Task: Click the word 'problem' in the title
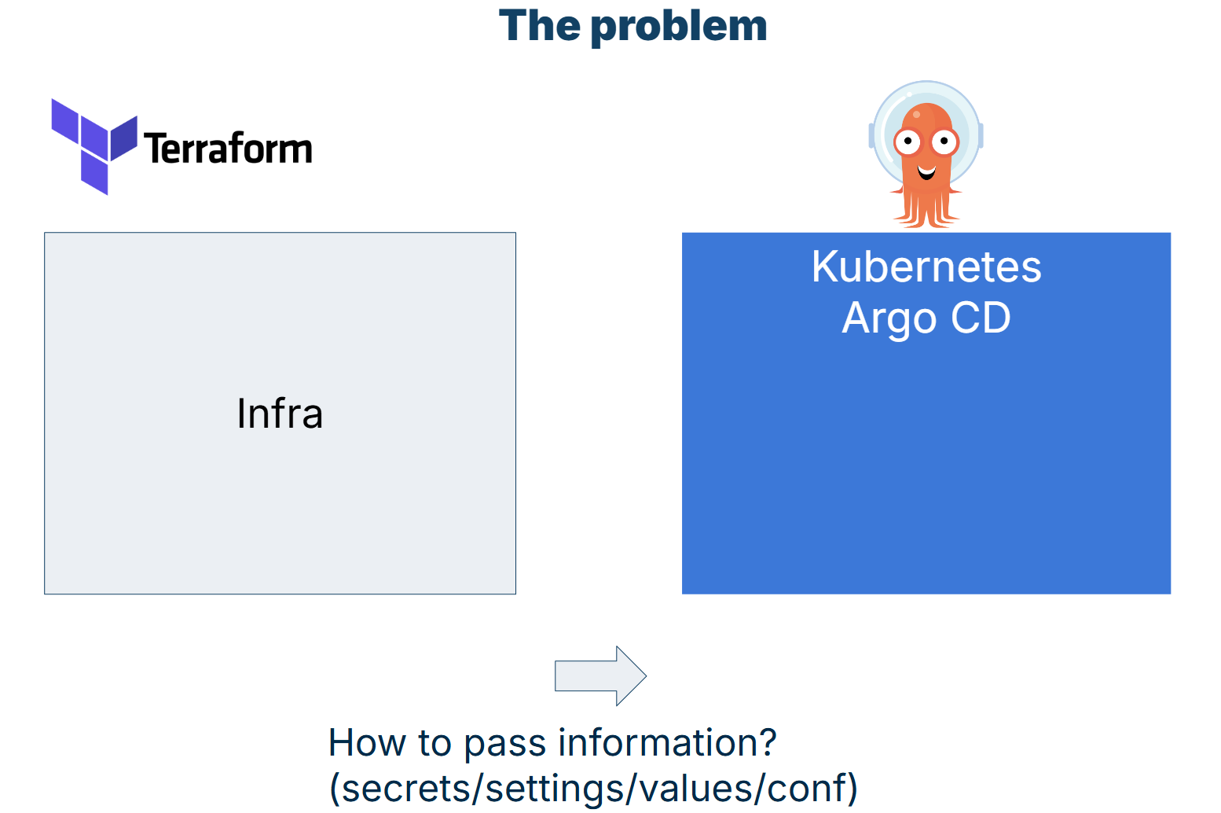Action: (678, 27)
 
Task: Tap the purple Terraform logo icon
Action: (93, 146)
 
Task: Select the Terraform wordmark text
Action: (228, 149)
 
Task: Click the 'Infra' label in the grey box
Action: (280, 414)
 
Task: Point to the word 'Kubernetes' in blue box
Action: (926, 267)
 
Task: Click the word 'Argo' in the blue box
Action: (889, 318)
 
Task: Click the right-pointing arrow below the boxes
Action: (600, 675)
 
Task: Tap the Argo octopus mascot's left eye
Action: (907, 142)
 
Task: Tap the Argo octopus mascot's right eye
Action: (944, 142)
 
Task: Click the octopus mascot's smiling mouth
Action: (926, 171)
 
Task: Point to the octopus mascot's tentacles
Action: (926, 209)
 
